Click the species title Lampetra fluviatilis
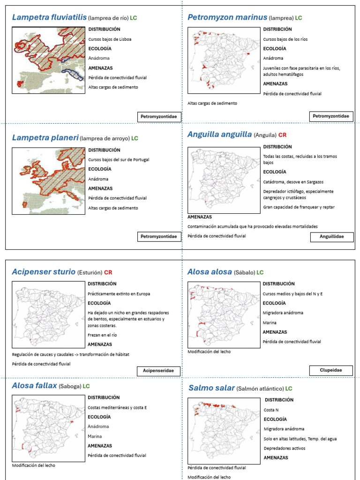click(49, 18)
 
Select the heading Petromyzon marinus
click(227, 18)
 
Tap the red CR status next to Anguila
click(282, 135)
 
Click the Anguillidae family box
click(332, 237)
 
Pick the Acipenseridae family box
click(158, 371)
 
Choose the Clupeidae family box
click(331, 370)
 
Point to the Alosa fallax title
click(34, 386)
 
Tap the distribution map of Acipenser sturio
click(48, 314)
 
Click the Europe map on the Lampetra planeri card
click(48, 181)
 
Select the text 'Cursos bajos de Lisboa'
click(110, 39)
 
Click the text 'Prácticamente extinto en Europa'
click(119, 294)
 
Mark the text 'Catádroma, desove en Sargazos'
click(293, 182)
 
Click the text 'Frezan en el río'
click(102, 335)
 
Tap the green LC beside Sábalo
click(260, 272)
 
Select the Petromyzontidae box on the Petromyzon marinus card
click(331, 116)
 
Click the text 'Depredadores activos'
click(284, 449)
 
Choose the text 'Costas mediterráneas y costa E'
click(117, 407)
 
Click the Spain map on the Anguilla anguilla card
click(224, 180)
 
